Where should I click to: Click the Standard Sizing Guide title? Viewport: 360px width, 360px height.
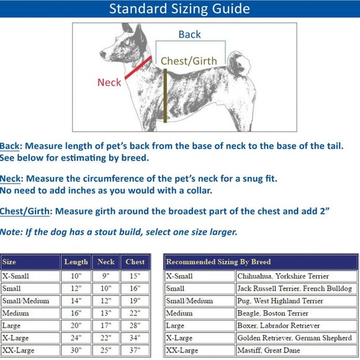pyautogui.click(x=179, y=9)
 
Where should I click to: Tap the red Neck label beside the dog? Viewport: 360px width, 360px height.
pyautogui.click(x=109, y=82)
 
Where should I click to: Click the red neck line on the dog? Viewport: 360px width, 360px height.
pyautogui.click(x=138, y=68)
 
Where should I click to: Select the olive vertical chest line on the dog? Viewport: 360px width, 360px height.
pyautogui.click(x=165, y=96)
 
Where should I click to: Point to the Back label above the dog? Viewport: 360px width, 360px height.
pyautogui.click(x=190, y=34)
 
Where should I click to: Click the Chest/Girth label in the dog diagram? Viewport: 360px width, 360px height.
pyautogui.click(x=189, y=61)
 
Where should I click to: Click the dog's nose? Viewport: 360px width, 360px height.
pyautogui.click(x=102, y=54)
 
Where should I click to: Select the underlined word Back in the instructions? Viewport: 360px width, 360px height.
pyautogui.click(x=10, y=146)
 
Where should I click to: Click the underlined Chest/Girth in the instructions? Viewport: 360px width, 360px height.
pyautogui.click(x=25, y=211)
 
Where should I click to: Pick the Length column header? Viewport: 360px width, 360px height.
pyautogui.click(x=76, y=262)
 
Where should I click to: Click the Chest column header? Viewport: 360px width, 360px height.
pyautogui.click(x=135, y=262)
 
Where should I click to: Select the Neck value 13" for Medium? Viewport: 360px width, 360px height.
pyautogui.click(x=106, y=313)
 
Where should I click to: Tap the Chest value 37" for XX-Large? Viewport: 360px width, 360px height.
pyautogui.click(x=135, y=350)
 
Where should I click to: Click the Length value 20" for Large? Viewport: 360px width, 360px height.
pyautogui.click(x=76, y=325)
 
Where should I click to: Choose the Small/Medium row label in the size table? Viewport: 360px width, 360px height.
pyautogui.click(x=25, y=301)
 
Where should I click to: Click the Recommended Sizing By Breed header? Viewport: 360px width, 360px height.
pyautogui.click(x=218, y=262)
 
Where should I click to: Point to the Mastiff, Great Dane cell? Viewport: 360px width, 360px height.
pyautogui.click(x=269, y=350)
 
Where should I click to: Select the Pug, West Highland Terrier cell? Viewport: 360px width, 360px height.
pyautogui.click(x=280, y=301)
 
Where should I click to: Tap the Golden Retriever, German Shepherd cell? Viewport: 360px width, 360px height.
pyautogui.click(x=295, y=338)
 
